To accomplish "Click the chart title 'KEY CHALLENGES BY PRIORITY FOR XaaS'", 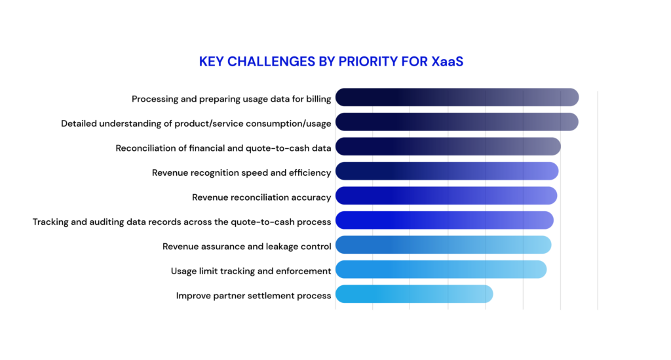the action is pos(331,62).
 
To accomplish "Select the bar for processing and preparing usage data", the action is pos(457,97).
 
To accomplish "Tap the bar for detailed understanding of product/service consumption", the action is pos(457,122).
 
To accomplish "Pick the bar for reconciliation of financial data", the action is pos(448,146).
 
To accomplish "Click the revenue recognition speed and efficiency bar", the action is pos(447,171).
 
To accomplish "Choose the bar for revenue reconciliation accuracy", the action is pos(446,195).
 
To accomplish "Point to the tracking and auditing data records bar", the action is pos(445,220).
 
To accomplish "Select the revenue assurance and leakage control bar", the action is pos(444,245).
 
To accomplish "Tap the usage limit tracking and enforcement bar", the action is pos(441,270).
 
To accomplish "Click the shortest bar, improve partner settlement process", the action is pos(414,294).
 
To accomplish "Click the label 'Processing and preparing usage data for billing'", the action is pos(231,99).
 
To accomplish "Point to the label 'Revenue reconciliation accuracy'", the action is pos(261,197).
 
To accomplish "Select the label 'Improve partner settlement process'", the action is pos(254,296).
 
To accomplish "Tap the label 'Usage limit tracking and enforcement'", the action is pos(251,271).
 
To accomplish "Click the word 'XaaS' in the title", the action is pos(447,62).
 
